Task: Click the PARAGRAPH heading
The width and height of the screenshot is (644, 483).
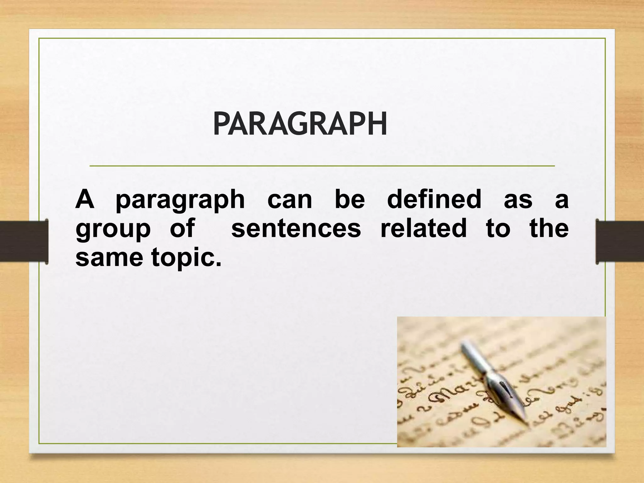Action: click(300, 124)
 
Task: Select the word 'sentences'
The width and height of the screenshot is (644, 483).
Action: click(296, 229)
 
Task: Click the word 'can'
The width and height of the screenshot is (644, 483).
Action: click(290, 201)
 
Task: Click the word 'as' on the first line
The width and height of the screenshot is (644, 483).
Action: click(518, 201)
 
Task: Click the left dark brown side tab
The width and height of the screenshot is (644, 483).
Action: click(24, 241)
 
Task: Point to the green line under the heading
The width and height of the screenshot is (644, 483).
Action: click(322, 165)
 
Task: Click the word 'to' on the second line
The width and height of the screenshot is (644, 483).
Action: click(498, 229)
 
